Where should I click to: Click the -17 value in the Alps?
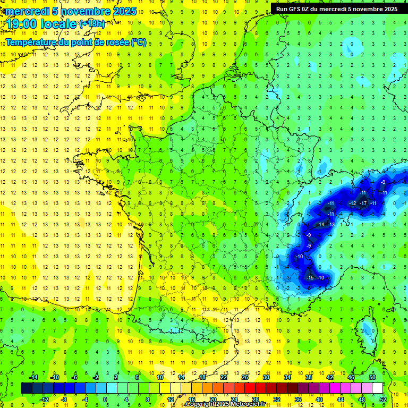[x=363, y=203]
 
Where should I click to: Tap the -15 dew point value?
[x=310, y=278]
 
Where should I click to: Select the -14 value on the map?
[x=320, y=225]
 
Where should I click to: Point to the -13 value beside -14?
[x=331, y=225]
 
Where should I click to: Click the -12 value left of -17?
[x=352, y=203]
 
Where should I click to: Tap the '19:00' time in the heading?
[x=22, y=23]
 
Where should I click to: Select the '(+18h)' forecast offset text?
[x=92, y=23]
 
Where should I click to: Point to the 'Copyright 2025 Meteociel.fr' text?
[x=225, y=404]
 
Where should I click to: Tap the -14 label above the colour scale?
[x=33, y=377]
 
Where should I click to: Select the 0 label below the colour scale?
[x=105, y=399]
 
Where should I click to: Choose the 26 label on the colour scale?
[x=245, y=377]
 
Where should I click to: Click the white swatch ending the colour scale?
[x=378, y=388]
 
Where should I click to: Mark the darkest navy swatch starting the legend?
[x=27, y=388]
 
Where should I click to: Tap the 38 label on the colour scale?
[x=308, y=377]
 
